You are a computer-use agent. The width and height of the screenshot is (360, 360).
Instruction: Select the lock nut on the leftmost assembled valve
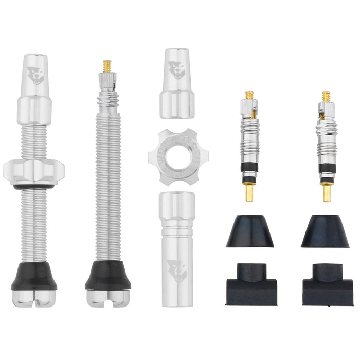34,171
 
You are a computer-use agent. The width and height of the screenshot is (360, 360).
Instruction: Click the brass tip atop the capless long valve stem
107,65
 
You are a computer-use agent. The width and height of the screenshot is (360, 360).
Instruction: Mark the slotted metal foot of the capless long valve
108,297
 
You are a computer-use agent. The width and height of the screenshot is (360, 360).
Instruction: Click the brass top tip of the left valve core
249,95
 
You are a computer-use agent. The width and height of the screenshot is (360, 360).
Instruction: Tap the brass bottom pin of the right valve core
327,193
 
